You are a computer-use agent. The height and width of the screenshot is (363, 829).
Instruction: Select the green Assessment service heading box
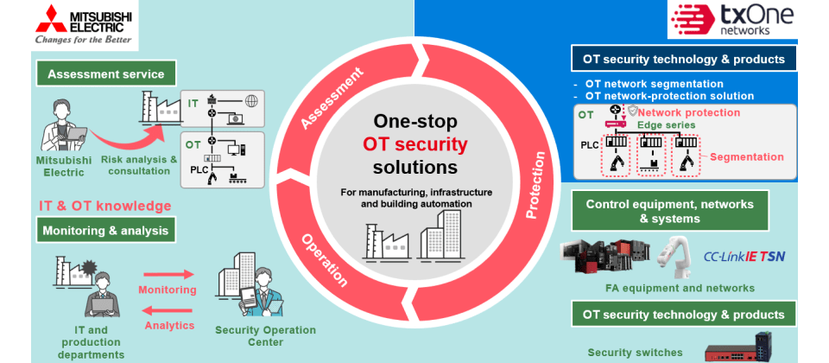pyautogui.click(x=105, y=73)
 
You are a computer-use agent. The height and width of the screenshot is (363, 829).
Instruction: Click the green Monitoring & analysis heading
pyautogui.click(x=105, y=231)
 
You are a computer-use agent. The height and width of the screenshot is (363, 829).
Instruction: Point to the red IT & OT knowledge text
pyautogui.click(x=104, y=207)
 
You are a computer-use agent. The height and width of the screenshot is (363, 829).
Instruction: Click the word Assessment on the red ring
pyautogui.click(x=332, y=102)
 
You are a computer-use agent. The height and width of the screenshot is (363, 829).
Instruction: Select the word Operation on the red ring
pyautogui.click(x=324, y=259)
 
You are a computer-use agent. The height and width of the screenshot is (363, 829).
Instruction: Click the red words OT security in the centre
pyautogui.click(x=415, y=143)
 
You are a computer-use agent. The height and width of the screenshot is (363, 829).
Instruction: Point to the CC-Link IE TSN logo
pyautogui.click(x=744, y=256)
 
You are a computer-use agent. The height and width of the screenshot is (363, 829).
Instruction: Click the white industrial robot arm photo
pyautogui.click(x=674, y=253)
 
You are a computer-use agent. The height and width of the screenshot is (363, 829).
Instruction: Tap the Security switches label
pyautogui.click(x=635, y=352)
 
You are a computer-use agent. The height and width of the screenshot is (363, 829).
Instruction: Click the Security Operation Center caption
pyautogui.click(x=265, y=336)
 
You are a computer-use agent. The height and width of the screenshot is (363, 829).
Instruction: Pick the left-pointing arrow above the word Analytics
pyautogui.click(x=168, y=309)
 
